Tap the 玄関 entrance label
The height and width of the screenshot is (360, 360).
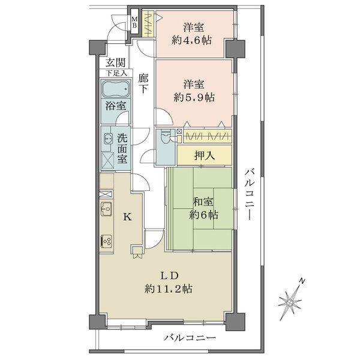pos(115,62)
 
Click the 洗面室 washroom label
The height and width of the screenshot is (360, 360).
pos(122,148)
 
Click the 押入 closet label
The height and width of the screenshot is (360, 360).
pos(205,155)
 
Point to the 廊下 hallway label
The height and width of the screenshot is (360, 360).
pos(143,83)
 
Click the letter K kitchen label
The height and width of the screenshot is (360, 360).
pos(127,217)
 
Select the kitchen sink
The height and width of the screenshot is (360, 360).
pos(106,210)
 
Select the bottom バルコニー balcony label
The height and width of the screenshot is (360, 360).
pos(189,339)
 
